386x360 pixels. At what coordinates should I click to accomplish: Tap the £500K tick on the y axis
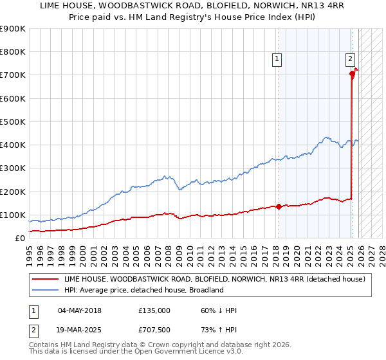pyautogui.click(x=12, y=122)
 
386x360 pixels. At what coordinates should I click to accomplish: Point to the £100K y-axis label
pyautogui.click(x=12, y=215)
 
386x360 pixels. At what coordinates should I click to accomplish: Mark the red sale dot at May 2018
pyautogui.click(x=279, y=207)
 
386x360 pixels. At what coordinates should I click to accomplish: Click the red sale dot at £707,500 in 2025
pyautogui.click(x=353, y=74)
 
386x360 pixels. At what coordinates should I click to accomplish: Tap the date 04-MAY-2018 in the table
pyautogui.click(x=80, y=310)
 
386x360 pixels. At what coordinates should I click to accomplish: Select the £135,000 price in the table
pyautogui.click(x=154, y=310)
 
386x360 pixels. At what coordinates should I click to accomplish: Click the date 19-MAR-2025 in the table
pyautogui.click(x=80, y=330)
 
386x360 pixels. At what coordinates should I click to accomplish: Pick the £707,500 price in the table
pyautogui.click(x=154, y=330)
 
